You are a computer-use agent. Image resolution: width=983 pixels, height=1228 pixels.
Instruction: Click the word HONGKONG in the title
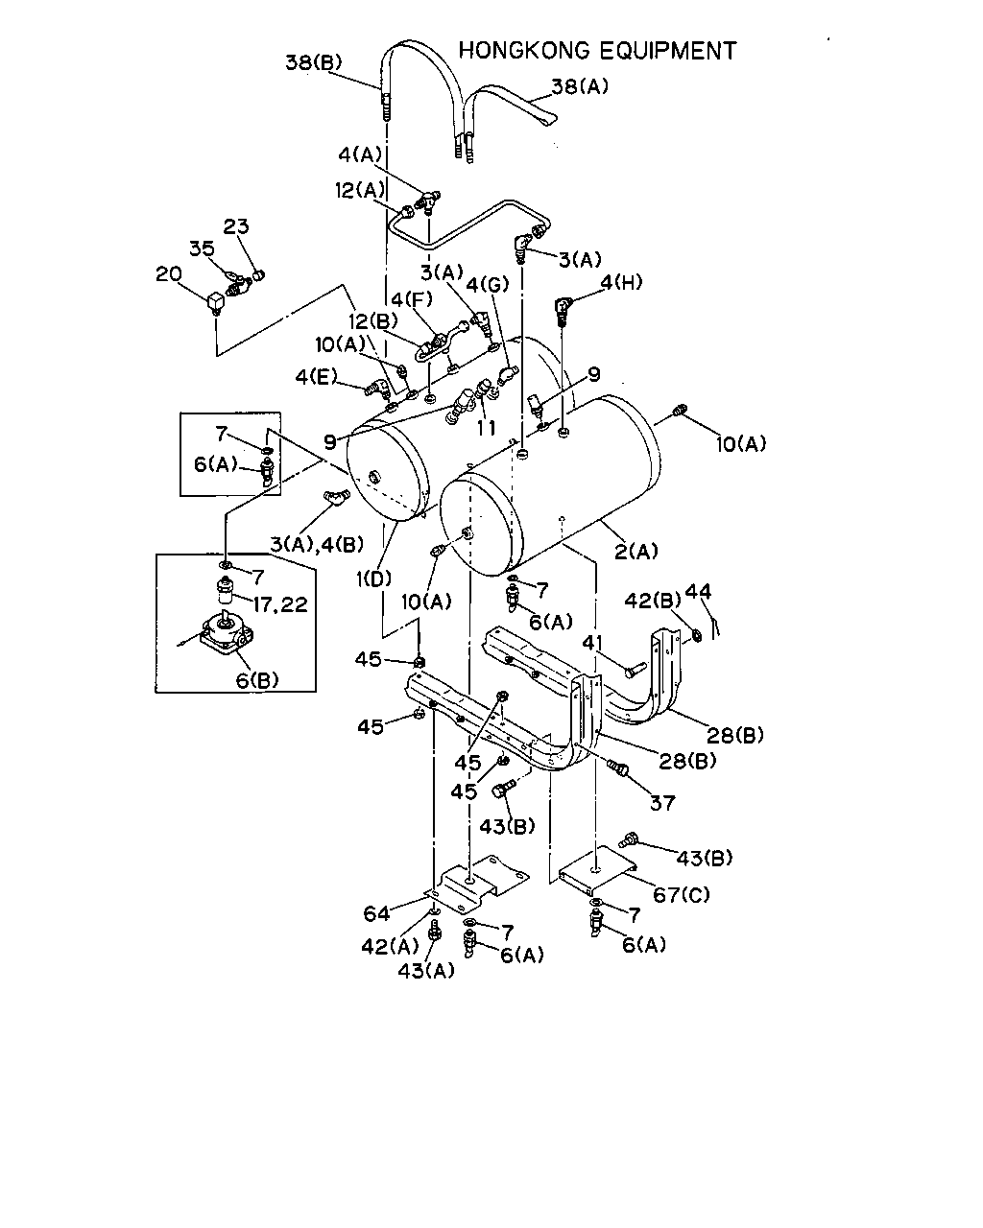click(x=524, y=51)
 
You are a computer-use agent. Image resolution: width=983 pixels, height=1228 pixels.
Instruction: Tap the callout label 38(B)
click(x=314, y=61)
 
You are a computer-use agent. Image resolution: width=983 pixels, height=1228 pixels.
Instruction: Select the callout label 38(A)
click(x=580, y=86)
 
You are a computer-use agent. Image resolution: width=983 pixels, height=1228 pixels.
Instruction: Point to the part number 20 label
click(x=169, y=274)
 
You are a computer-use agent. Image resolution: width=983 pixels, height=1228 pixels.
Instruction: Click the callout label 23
click(x=236, y=226)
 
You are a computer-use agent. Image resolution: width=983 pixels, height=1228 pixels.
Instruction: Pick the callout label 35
click(x=203, y=248)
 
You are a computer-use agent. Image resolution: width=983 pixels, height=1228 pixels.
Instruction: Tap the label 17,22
click(x=280, y=604)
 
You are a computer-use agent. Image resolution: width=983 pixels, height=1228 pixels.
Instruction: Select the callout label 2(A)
click(x=636, y=552)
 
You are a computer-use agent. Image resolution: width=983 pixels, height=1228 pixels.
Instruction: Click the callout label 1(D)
click(x=374, y=579)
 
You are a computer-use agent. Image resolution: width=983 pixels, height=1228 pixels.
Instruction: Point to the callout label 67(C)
click(x=682, y=895)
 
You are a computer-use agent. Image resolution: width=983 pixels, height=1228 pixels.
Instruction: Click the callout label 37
click(x=662, y=803)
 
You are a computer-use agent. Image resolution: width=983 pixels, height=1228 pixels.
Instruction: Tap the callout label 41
click(x=593, y=643)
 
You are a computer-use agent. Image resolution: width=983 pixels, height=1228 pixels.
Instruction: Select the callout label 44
click(x=698, y=591)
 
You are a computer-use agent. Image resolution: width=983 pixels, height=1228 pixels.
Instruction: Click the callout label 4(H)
click(x=621, y=282)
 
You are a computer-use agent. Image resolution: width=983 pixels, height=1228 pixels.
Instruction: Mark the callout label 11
click(x=487, y=428)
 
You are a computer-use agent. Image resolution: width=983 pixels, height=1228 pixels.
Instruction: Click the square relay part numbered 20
click(x=215, y=303)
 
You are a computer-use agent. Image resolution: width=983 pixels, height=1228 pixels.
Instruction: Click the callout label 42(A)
click(x=390, y=947)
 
